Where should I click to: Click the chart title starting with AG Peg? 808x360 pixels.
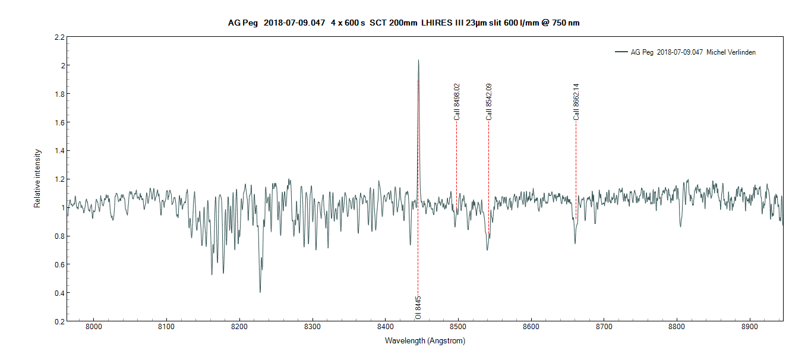coord(403,23)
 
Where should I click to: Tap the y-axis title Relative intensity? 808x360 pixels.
coord(37,178)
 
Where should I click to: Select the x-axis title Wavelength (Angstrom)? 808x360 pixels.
coord(425,341)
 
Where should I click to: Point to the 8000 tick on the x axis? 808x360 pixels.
coord(94,327)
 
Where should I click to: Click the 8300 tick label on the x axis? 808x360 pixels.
coord(313,327)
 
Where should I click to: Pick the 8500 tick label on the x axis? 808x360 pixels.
coord(458,327)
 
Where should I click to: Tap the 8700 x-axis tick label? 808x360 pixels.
coord(604,327)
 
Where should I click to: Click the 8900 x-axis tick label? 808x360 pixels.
coord(750,327)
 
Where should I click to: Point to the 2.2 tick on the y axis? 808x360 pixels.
coord(59,37)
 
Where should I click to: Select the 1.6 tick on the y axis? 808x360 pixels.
coord(59,122)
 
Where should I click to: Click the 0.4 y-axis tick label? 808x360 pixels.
coord(59,293)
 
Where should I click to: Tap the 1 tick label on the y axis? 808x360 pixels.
coord(61,207)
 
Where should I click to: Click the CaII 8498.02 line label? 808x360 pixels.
coord(457,102)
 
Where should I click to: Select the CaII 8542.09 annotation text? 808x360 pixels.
coord(489,102)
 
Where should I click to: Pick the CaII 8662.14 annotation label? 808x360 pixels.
coord(576,102)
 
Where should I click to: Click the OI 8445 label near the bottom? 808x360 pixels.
coord(418,308)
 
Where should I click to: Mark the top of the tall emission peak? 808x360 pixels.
coord(418,60)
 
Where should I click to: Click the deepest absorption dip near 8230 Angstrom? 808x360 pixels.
coord(260,291)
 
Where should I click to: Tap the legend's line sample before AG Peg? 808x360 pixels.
coord(621,52)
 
